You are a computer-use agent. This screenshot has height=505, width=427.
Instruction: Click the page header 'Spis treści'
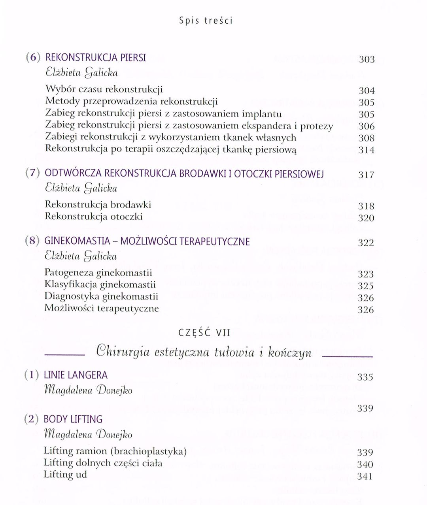point(206,21)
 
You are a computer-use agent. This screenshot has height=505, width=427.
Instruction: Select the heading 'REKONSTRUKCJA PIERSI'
point(96,58)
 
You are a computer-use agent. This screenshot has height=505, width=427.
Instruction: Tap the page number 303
point(366,59)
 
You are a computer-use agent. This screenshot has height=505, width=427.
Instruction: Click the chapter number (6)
point(33,58)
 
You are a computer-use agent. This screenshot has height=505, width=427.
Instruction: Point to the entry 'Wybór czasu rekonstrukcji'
point(104,90)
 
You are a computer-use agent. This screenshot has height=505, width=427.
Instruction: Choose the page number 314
point(366,150)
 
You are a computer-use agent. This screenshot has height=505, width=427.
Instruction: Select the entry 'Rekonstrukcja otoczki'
point(94,217)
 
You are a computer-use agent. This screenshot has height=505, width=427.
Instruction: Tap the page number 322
point(366,243)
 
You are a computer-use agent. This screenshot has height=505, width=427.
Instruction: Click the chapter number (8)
point(32,241)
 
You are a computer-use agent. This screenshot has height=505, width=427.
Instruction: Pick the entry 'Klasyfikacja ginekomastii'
point(100,285)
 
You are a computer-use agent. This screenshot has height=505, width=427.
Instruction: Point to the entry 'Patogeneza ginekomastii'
point(98,273)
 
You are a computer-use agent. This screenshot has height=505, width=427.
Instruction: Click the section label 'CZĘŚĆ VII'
point(205,333)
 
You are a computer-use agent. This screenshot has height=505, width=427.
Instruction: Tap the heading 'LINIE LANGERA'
point(76,375)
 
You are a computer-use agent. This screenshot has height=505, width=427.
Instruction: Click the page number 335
point(365,377)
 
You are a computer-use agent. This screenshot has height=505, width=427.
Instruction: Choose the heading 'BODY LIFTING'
point(73,419)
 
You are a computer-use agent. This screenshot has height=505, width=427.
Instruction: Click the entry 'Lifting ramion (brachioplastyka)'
point(115,451)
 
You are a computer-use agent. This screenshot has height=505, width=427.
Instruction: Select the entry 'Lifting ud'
point(65,475)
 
